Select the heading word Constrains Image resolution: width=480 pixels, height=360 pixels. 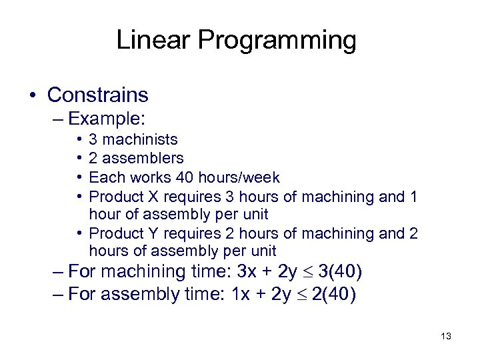tap(98, 95)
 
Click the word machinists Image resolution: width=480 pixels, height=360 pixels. tap(141, 139)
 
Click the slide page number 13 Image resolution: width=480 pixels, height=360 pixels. tap(446, 337)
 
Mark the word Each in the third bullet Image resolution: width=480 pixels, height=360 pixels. tap(104, 178)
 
